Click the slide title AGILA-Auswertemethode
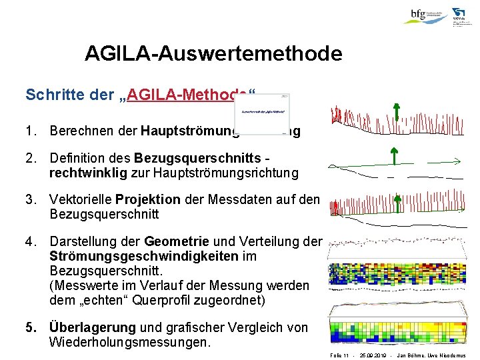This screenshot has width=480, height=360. pos(213,53)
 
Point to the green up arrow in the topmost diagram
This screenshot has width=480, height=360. pos(396,113)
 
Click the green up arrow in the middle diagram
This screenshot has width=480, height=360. pos(393,158)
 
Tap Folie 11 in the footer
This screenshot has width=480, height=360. pos(340,355)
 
